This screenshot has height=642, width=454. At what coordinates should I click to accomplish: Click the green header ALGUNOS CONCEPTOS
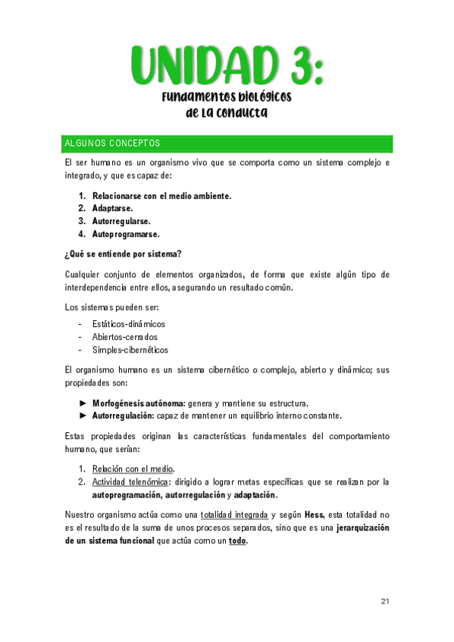pos(112,144)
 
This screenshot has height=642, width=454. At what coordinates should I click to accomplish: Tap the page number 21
pos(385,601)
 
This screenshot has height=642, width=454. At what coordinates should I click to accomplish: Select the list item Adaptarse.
pos(112,208)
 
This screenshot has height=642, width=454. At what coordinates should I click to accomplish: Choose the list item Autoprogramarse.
pos(125,234)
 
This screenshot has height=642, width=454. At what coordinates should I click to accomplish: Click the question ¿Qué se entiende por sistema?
pos(124,254)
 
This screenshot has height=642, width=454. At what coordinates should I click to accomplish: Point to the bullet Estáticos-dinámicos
pos(128,324)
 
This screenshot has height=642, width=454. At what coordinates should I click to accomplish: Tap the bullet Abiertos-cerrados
pos(125,337)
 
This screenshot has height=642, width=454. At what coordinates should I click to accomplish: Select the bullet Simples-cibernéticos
pos(130,350)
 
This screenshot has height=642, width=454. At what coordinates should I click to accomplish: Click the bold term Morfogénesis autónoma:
pos(139,403)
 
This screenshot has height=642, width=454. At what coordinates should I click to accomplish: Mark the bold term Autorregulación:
pos(123,416)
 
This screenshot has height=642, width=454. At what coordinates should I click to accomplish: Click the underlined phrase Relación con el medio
pos(133,469)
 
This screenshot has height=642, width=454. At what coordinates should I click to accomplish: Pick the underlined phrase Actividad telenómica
pos(130,481)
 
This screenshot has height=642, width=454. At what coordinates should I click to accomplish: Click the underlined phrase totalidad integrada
pos(233,516)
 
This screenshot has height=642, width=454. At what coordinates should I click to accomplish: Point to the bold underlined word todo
pos(237,541)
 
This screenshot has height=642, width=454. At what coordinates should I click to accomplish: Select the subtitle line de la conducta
pos(227,114)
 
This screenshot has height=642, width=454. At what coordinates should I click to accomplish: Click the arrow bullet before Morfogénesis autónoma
pos(83,403)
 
